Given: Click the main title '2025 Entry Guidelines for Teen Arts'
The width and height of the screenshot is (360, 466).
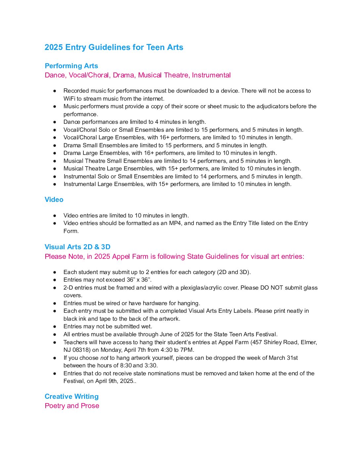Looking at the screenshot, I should click(114, 47).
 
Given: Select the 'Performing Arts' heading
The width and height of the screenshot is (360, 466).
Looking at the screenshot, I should click(71, 66).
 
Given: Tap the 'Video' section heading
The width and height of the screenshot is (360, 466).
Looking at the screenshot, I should click(54, 200).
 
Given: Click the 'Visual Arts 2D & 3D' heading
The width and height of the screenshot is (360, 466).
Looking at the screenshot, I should click(77, 247).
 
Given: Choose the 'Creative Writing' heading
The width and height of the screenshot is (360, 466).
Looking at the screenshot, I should click(71, 396).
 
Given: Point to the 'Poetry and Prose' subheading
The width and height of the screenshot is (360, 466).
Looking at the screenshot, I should click(72, 406).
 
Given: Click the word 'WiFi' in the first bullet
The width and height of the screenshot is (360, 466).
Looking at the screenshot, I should click(69, 99).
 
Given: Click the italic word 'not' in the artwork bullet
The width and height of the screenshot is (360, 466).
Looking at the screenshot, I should click(104, 358).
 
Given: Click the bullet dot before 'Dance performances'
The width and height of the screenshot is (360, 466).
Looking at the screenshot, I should click(55, 122).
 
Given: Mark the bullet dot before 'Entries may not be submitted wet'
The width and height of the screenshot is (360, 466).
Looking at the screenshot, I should click(55, 326).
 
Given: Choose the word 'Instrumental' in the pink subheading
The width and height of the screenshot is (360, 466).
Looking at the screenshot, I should click(211, 75).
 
